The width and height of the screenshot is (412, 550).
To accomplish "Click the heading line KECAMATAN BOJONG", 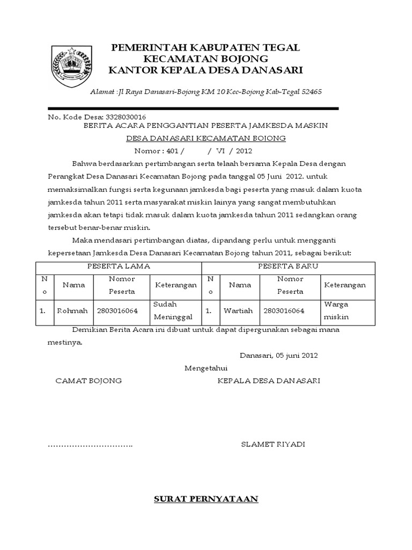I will (205, 59).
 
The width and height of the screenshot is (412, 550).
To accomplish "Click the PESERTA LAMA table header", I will (119, 266).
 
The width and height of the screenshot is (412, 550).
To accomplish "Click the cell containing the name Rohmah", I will (73, 311).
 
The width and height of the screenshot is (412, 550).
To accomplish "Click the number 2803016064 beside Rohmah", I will (117, 311).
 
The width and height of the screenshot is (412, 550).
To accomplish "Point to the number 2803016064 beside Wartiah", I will (284, 311).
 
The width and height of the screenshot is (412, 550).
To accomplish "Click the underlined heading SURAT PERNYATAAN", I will (206, 499).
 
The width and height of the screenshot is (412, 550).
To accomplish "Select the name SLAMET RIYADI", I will (273, 445).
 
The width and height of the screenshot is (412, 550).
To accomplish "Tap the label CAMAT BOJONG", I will (89, 381).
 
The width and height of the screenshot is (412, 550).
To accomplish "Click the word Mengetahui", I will (207, 368).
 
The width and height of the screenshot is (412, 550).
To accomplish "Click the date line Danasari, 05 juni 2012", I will (279, 356).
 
